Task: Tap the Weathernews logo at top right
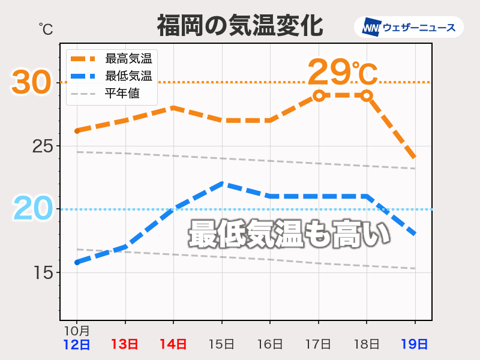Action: coord(409,27)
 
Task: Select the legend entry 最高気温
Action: coord(128,59)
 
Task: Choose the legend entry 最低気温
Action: coord(128,76)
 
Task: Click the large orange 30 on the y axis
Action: coord(31,83)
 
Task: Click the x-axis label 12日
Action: coord(77,344)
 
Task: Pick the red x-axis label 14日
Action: coord(173,344)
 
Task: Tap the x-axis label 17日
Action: coord(318,344)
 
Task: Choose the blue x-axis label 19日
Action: coord(415,344)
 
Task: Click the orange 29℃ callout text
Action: coord(343,73)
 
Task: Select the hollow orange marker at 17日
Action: coord(319,95)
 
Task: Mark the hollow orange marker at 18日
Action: coord(367,95)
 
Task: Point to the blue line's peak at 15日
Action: coord(222,184)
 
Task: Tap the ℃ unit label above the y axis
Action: coord(46,28)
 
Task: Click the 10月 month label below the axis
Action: coord(77,331)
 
